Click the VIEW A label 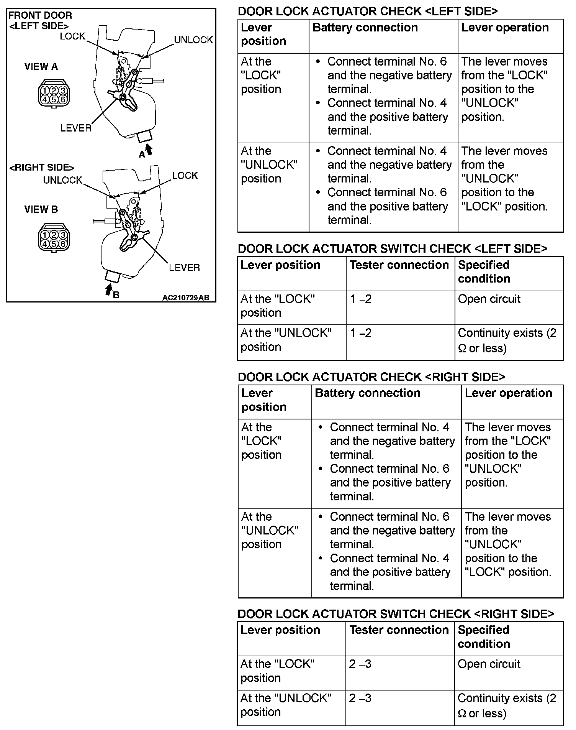tap(41, 67)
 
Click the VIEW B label tap(41, 209)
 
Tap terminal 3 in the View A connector tap(63, 90)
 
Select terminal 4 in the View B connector tap(45, 243)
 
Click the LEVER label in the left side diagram tap(76, 128)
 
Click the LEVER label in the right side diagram tap(184, 268)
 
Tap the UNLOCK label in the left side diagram tap(193, 40)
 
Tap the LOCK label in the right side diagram tap(185, 176)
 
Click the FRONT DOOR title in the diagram tap(40, 16)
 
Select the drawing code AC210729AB tap(186, 298)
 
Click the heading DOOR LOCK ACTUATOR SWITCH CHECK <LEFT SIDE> tap(392, 249)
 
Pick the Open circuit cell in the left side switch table tap(489, 299)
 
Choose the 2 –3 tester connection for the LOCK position tap(360, 664)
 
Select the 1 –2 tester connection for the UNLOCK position tap(361, 333)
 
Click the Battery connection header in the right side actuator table tap(367, 393)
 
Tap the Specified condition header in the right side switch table tap(483, 636)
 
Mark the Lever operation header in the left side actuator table tap(505, 28)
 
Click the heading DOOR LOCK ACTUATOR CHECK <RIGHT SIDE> tap(371, 377)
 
